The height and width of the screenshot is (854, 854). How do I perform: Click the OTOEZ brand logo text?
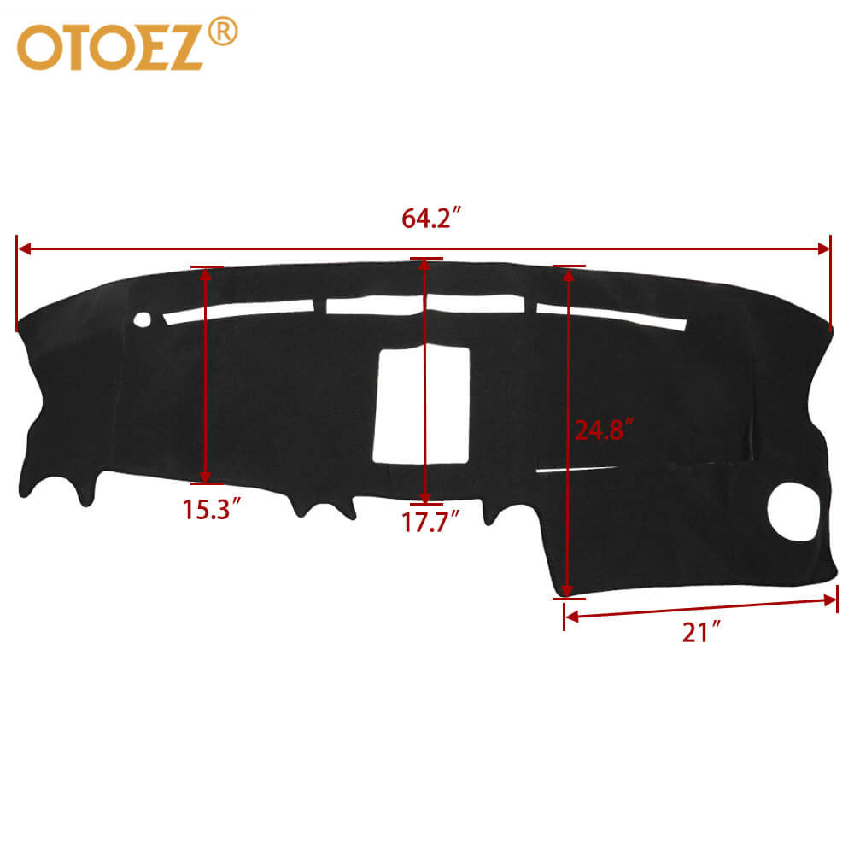(111, 48)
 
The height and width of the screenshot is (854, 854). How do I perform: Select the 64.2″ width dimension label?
(432, 219)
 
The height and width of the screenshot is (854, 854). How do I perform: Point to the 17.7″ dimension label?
(431, 521)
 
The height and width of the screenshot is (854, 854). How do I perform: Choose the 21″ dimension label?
(702, 633)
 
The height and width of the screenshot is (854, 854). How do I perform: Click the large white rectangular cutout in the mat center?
(424, 406)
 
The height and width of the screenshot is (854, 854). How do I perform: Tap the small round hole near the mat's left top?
(142, 319)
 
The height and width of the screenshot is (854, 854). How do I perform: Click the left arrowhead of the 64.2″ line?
(24, 249)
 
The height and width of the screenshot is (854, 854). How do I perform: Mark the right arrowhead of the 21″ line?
(830, 600)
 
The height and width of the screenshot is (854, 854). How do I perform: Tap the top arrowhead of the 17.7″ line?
(425, 266)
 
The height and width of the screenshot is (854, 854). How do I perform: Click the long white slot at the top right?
(611, 315)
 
